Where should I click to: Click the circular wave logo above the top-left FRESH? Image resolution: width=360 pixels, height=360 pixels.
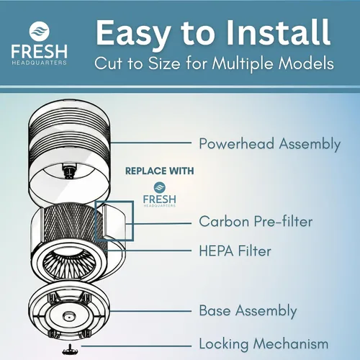40,31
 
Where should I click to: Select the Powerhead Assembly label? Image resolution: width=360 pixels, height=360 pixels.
270,144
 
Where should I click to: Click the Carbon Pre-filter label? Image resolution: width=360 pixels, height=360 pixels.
256,221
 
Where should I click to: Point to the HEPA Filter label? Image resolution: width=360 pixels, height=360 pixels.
235,251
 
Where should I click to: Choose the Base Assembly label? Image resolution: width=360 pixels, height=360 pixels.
248,311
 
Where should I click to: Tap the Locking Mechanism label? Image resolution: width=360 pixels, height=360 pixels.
264,343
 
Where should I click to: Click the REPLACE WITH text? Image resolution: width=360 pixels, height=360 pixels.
160,171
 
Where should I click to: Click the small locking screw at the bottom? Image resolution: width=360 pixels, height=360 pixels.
70,350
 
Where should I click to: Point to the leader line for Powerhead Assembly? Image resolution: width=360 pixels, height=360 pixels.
151,143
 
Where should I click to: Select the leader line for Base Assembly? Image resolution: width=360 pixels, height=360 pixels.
151,311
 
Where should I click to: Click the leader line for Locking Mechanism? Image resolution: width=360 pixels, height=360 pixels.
136,346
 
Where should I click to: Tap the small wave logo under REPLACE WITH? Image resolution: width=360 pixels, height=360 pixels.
160,187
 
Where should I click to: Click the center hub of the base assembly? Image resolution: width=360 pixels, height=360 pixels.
68,317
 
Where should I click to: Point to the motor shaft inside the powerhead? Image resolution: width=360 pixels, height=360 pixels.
69,171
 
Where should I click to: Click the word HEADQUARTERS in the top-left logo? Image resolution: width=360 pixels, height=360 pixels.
39,63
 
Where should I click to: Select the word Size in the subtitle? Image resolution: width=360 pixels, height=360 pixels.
164,63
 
